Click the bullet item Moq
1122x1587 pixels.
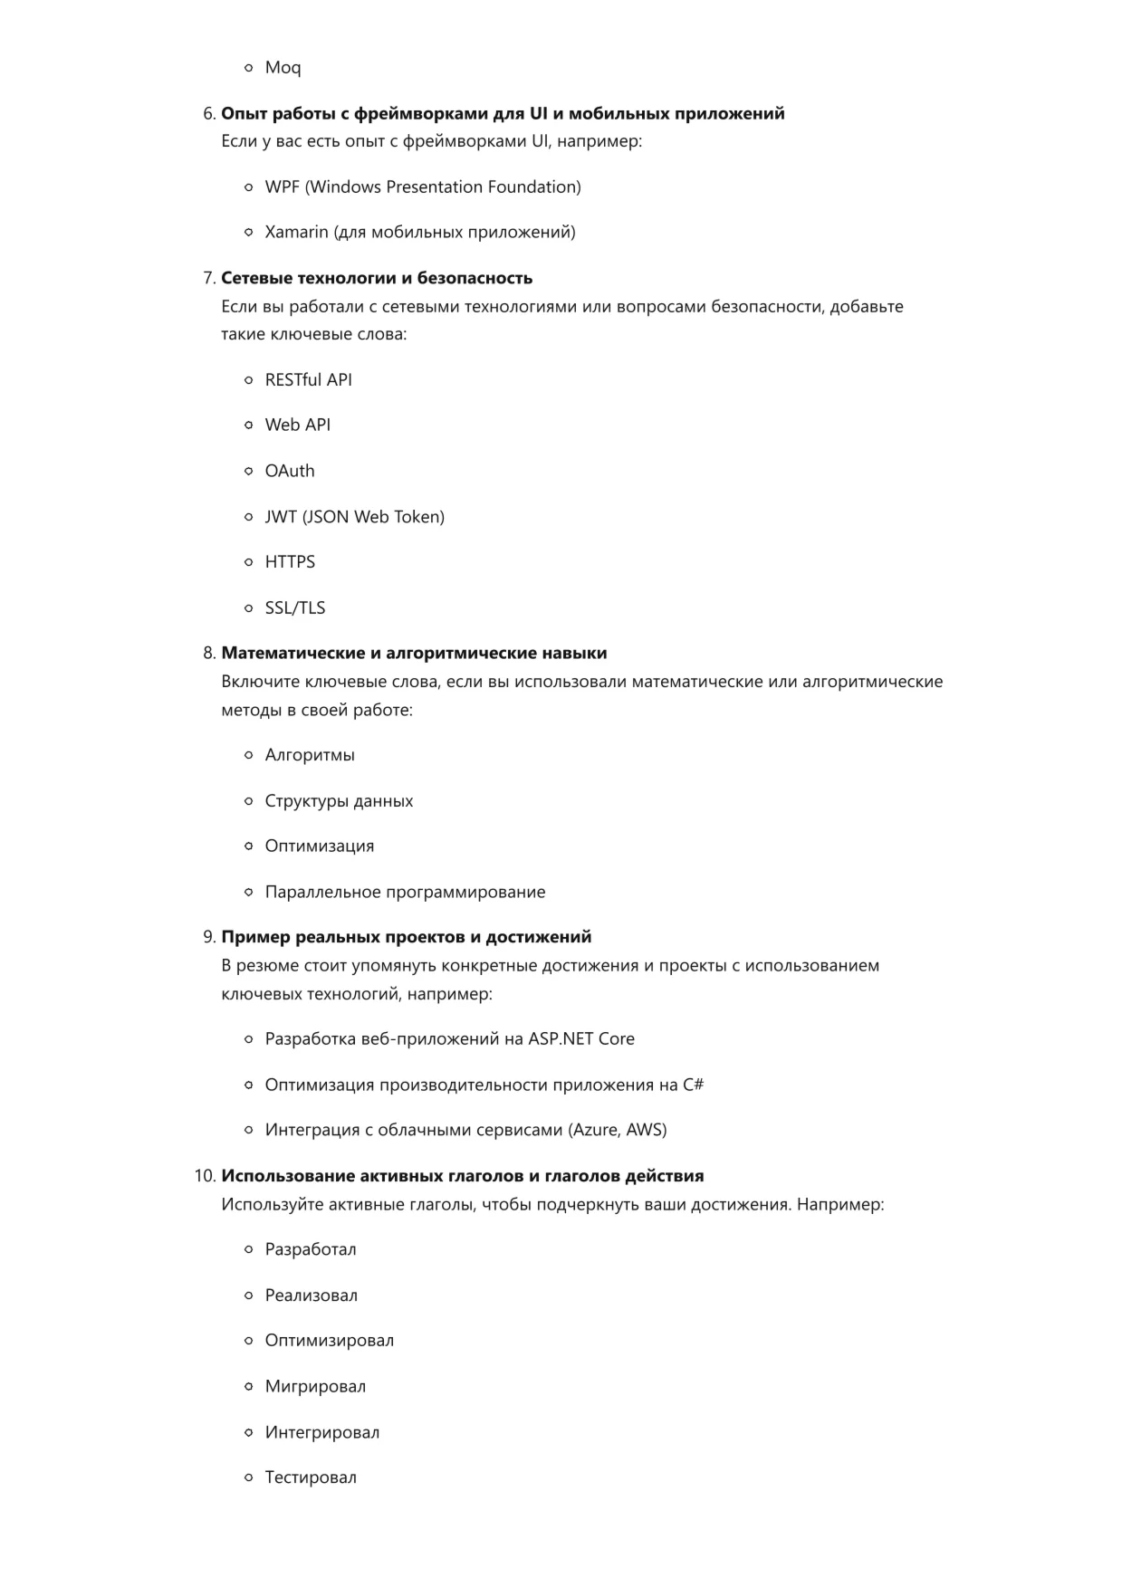(283, 68)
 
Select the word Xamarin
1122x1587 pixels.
(296, 233)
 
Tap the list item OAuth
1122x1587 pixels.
(290, 471)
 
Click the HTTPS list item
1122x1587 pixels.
(290, 562)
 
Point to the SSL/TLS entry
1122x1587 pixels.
(294, 608)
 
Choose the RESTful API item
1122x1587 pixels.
(308, 380)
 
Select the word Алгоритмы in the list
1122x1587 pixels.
(310, 755)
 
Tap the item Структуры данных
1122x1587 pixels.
(339, 801)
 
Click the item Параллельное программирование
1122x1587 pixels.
(405, 893)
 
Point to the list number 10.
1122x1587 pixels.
(205, 1177)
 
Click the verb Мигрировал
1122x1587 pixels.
(315, 1387)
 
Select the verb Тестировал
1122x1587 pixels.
(311, 1478)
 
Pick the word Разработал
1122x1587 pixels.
(311, 1250)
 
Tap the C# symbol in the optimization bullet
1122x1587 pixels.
(693, 1085)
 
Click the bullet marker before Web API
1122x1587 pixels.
(248, 425)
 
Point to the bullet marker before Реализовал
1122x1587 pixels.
(248, 1296)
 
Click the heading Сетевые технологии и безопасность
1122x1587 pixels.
(377, 279)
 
